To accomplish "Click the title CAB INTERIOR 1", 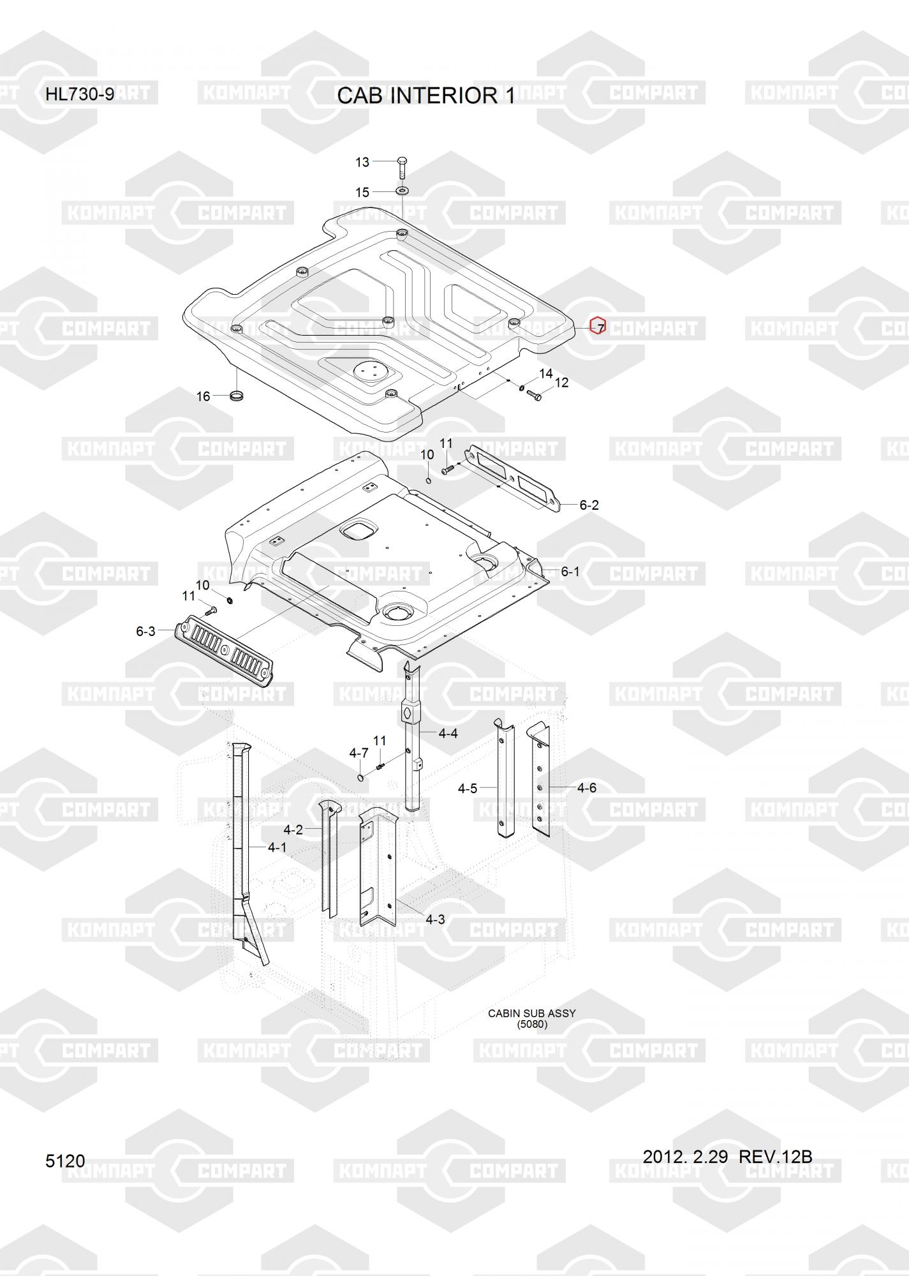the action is [x=425, y=96].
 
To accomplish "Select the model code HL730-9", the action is [x=80, y=94].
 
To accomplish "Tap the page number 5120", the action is [x=65, y=1161].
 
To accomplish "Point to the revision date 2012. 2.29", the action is [x=685, y=1156].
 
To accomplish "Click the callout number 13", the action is [x=362, y=162].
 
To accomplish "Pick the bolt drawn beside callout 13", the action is [x=402, y=167].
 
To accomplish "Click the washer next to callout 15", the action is [x=403, y=191].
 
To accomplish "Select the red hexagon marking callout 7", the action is [x=598, y=326].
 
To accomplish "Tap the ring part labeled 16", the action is [x=237, y=397].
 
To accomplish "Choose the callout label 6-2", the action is [x=589, y=505].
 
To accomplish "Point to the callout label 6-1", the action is [x=570, y=572].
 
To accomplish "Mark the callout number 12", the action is [x=561, y=383].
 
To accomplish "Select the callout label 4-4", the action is [x=448, y=734].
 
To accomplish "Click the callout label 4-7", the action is [x=359, y=753].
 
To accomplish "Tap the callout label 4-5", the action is [x=468, y=789].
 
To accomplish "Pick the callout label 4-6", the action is [x=587, y=788].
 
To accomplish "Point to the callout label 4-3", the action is [x=435, y=919].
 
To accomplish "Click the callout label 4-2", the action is [x=293, y=829].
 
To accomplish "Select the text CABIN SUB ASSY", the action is [x=532, y=1013].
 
